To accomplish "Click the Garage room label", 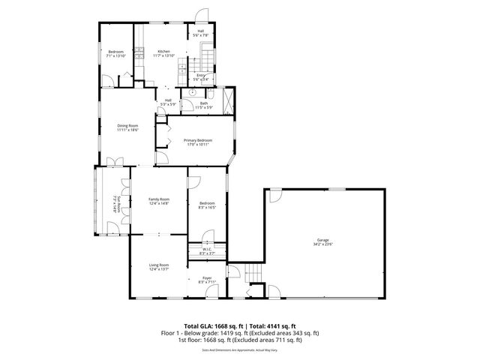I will (x=322, y=240).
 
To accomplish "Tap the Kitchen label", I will (x=164, y=51).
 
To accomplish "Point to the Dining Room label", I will (x=127, y=125).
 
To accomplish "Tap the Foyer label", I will (x=205, y=277).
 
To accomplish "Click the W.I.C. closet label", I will (x=207, y=250).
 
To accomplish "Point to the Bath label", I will (x=203, y=103).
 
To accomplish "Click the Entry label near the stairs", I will (x=201, y=75).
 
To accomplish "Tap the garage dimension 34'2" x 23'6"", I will (x=322, y=244).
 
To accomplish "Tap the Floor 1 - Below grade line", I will (x=240, y=332).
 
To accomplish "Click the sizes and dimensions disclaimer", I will (x=240, y=349).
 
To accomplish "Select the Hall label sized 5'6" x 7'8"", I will (x=201, y=31).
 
